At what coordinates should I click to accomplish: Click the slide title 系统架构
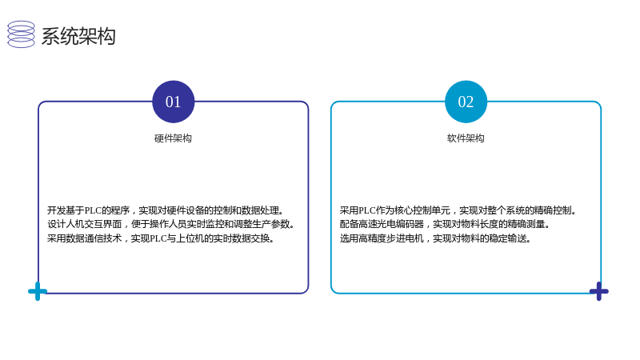pos(78,36)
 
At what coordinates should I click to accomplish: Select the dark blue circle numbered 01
pos(173,102)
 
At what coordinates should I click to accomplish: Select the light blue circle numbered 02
pos(466,102)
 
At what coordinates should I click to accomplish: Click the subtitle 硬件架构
pos(173,138)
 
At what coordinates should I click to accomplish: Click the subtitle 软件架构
pos(466,138)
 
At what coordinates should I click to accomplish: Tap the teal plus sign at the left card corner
pos(38,291)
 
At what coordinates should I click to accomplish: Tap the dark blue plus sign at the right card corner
pos(598,291)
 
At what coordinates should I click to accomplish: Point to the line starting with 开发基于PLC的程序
pos(166,210)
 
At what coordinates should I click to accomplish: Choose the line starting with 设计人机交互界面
pos(171,224)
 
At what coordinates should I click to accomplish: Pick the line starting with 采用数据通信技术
pos(161,238)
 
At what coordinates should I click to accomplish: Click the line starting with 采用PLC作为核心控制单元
pos(458,210)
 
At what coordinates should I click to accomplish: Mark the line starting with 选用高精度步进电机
pos(435,238)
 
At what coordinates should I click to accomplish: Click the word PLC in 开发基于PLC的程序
pos(93,210)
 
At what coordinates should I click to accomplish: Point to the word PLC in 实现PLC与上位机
pos(158,238)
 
